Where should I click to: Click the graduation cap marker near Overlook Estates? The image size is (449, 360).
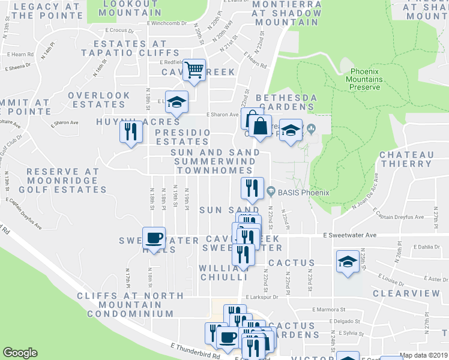[x=176, y=102]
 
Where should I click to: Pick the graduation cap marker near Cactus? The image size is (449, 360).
[x=348, y=262]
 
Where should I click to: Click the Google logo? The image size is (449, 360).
[x=20, y=353]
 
